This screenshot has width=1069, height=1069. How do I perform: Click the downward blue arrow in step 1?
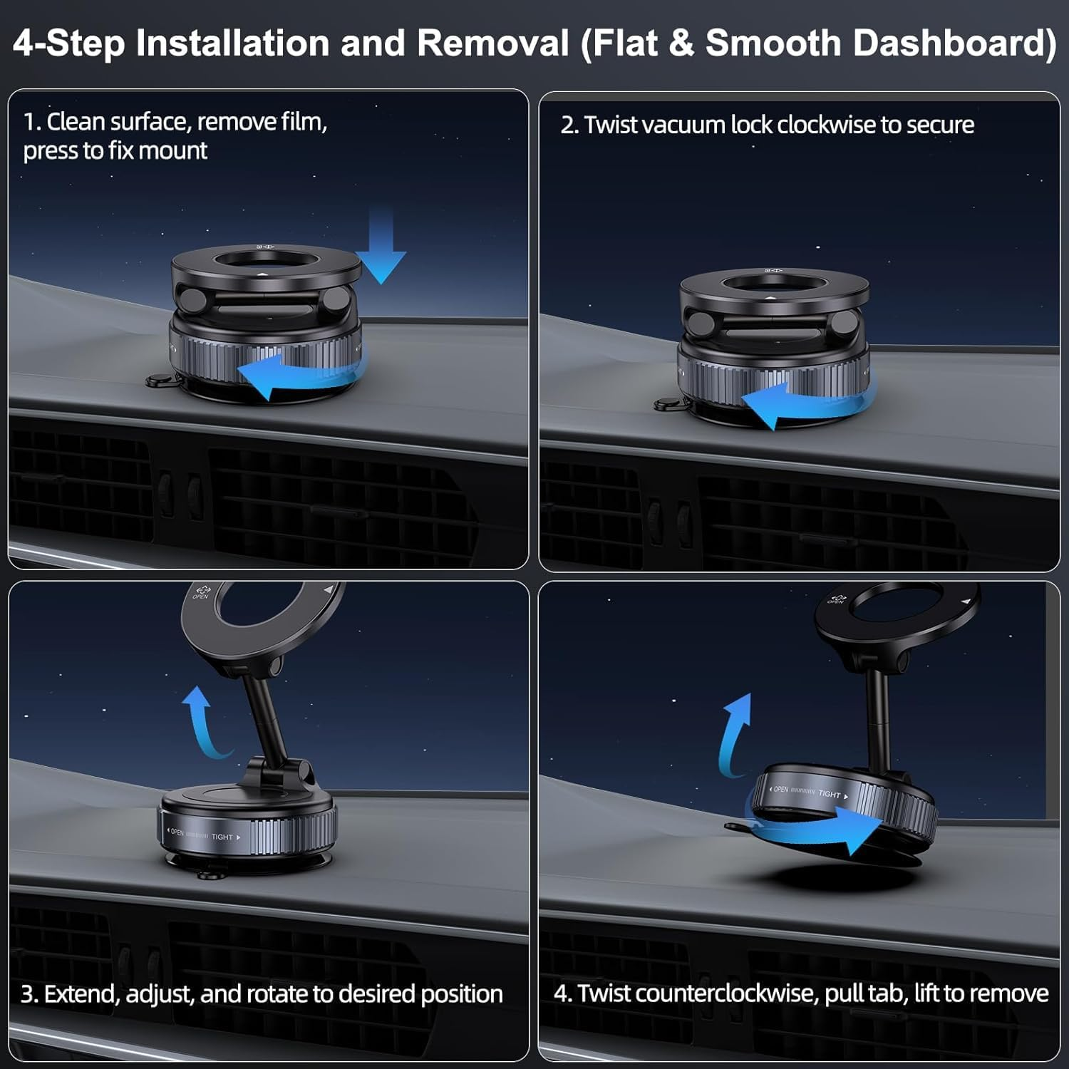tap(381, 249)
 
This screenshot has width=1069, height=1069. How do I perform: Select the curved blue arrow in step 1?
tap(299, 374)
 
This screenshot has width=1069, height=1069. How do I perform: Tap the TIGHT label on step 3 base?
tap(222, 837)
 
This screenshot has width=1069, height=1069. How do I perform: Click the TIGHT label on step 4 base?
tap(829, 794)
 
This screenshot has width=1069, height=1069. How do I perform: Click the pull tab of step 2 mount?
tap(666, 405)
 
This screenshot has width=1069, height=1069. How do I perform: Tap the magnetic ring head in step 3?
tap(257, 620)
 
